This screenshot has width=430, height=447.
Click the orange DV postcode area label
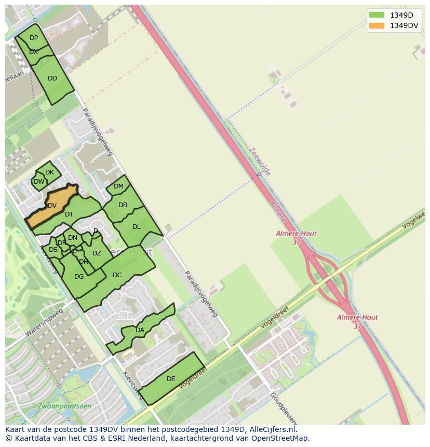click(x=52, y=206)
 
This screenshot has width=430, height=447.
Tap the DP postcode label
click(x=34, y=38)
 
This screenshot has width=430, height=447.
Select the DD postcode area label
click(x=52, y=78)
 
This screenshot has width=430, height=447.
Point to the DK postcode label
click(x=49, y=172)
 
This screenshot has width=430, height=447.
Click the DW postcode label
click(x=39, y=182)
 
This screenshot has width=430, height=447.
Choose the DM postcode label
click(x=118, y=186)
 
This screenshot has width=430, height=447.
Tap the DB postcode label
click(x=123, y=205)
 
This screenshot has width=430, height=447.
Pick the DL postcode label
click(x=136, y=227)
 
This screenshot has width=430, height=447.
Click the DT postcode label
click(x=69, y=214)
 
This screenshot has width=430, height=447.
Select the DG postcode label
click(x=79, y=277)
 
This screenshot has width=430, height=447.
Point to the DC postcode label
click(x=117, y=275)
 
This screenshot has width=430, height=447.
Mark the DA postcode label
click(x=140, y=330)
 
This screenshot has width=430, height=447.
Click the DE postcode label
click(x=171, y=379)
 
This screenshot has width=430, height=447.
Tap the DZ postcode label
click(x=97, y=253)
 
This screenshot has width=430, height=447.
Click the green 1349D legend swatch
click(x=377, y=15)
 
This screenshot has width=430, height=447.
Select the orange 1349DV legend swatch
click(x=377, y=25)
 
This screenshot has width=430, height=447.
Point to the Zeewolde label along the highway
click(x=259, y=161)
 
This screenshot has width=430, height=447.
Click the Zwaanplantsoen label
click(x=64, y=406)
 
